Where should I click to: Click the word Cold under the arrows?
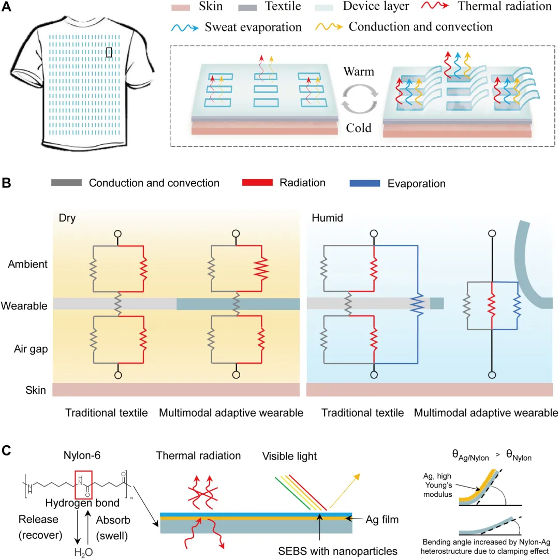point(359,127)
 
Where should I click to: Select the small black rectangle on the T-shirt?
point(109,52)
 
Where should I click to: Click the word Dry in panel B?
point(67,218)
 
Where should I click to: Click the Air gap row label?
point(30,349)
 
